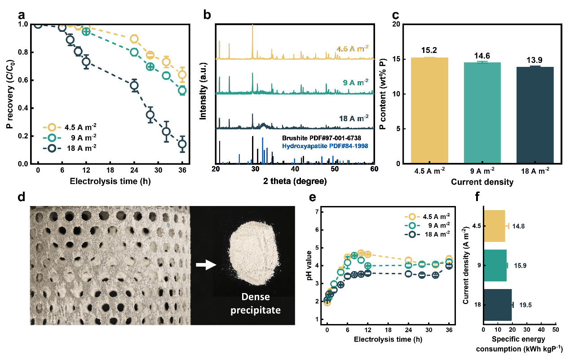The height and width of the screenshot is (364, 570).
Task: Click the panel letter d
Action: (22, 199)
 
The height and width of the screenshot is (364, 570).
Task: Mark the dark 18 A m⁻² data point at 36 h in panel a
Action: (182, 144)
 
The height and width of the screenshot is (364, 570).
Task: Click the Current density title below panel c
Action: (482, 183)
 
